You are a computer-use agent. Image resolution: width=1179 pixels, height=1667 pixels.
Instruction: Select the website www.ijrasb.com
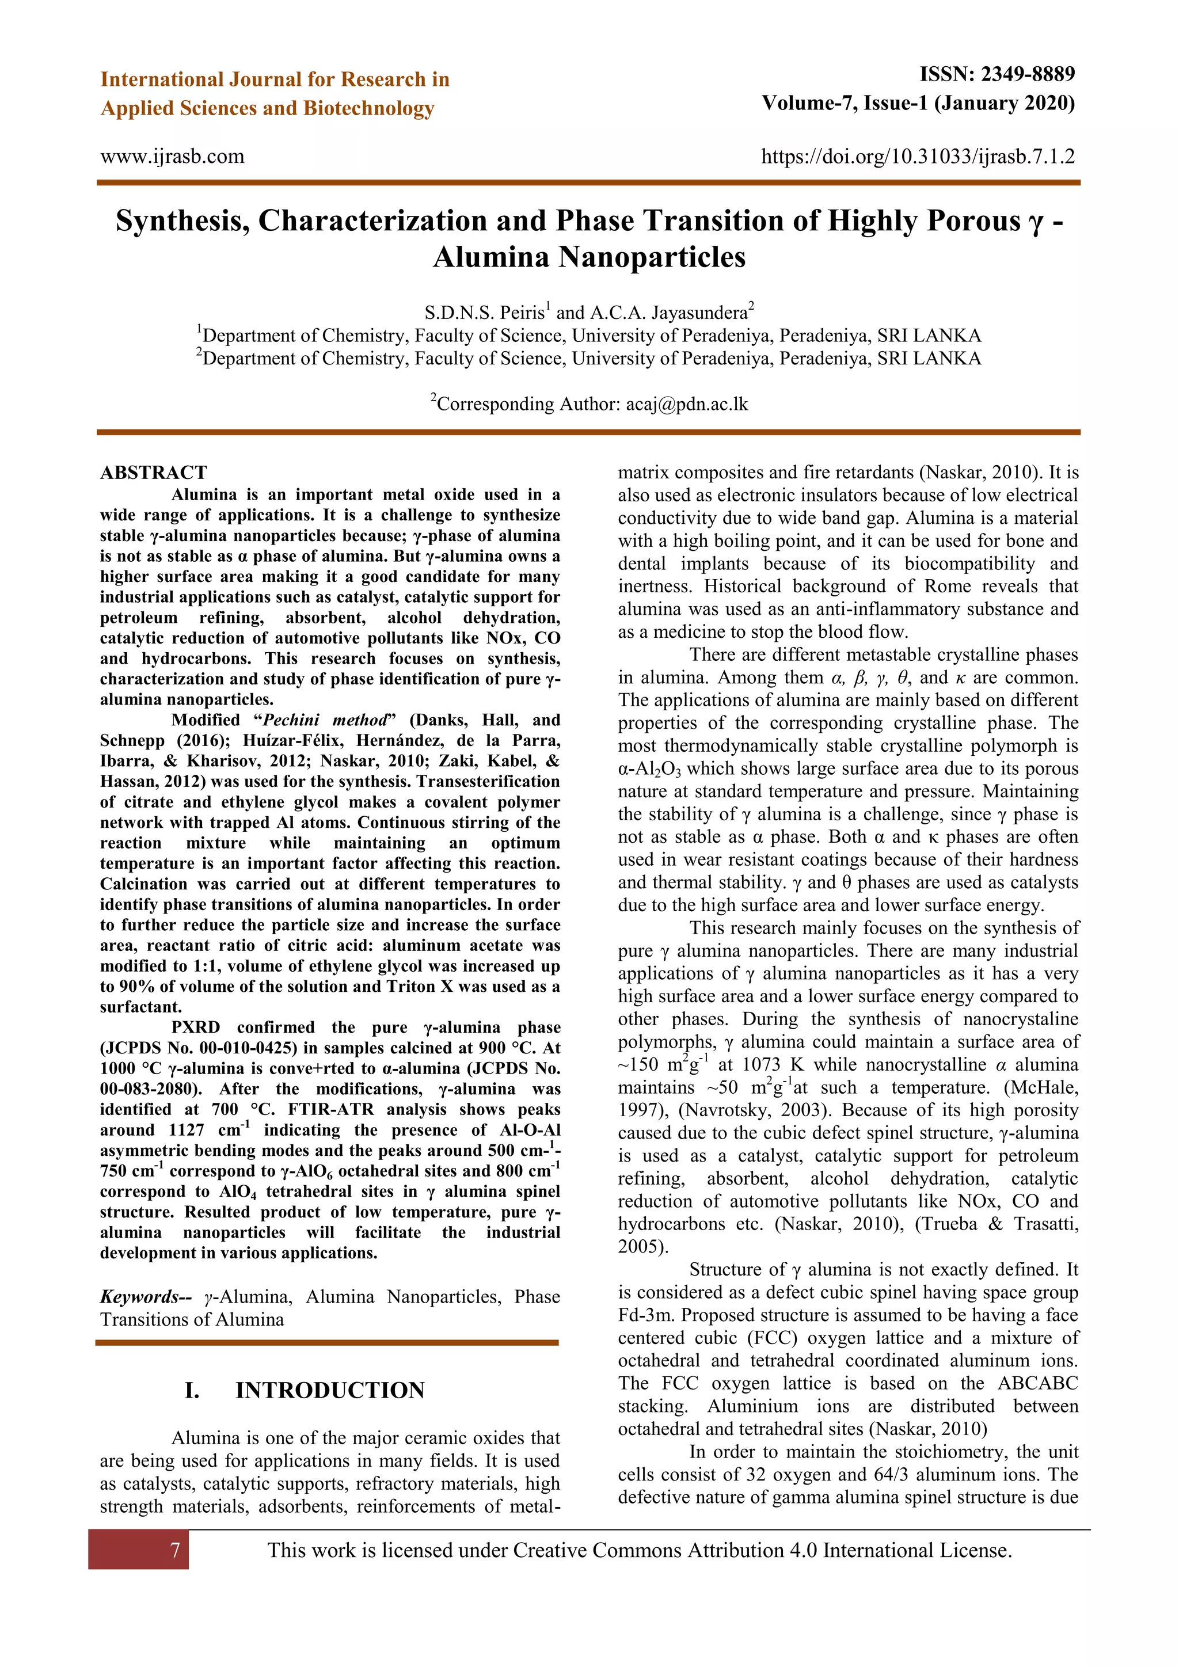pyautogui.click(x=172, y=157)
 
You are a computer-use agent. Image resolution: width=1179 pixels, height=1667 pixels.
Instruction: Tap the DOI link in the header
pyautogui.click(x=918, y=157)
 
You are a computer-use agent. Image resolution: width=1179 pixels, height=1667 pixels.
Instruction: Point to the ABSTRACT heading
pyautogui.click(x=153, y=473)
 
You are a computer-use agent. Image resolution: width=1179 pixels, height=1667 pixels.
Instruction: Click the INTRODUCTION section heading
pyautogui.click(x=330, y=1390)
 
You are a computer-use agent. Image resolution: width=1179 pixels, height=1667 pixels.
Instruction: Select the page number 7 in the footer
pyautogui.click(x=174, y=1550)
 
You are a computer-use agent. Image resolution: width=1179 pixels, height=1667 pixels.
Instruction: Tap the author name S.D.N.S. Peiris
pyautogui.click(x=485, y=313)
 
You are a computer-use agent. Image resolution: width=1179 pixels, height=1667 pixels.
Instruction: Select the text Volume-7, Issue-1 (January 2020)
pyautogui.click(x=918, y=103)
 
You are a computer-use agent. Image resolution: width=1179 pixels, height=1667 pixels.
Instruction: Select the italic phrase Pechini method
pyautogui.click(x=325, y=720)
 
